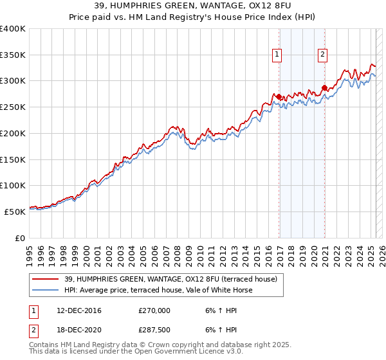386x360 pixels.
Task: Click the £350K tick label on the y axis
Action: click(12, 55)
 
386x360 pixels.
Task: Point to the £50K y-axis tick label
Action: click(15, 212)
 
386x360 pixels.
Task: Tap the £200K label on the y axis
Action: click(12, 133)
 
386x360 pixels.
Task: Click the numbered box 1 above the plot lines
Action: click(277, 55)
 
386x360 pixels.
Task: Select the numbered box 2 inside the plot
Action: click(322, 55)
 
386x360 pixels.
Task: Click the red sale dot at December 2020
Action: click(324, 87)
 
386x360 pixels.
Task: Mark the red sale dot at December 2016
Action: click(279, 96)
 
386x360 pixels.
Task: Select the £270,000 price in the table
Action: click(154, 310)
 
